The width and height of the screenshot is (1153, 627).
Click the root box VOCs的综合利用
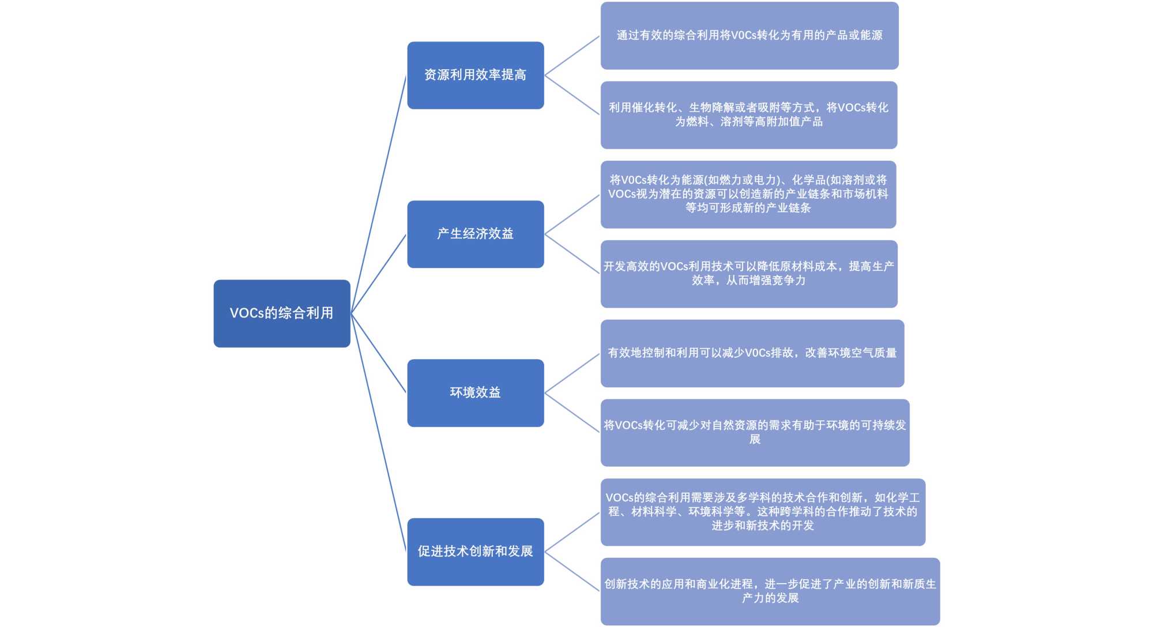(282, 313)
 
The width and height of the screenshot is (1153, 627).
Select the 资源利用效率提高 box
(475, 75)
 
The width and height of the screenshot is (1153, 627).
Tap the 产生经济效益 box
(475, 234)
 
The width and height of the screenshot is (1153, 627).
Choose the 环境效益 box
(475, 393)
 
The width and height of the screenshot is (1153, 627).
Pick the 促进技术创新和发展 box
(475, 552)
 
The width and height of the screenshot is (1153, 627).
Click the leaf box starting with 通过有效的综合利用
(749, 36)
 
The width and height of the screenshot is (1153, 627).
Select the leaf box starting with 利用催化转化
(749, 115)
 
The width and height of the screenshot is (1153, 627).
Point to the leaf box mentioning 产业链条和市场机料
(748, 194)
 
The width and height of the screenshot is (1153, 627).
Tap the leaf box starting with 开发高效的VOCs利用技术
(749, 274)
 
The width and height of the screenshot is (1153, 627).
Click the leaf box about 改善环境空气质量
(752, 353)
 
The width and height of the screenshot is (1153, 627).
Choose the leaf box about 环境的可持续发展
(755, 432)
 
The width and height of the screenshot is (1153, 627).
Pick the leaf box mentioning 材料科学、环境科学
(763, 512)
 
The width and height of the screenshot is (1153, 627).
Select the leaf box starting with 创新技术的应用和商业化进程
(770, 591)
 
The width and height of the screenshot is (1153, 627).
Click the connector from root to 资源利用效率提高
(379, 194)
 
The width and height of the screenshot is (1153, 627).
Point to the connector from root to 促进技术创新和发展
(379, 433)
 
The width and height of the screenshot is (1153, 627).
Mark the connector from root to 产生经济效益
(379, 274)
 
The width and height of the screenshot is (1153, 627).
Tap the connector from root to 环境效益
(379, 353)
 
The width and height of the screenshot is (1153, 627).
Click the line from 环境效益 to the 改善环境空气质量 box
(572, 373)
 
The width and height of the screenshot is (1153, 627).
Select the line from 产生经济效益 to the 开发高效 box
(572, 254)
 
